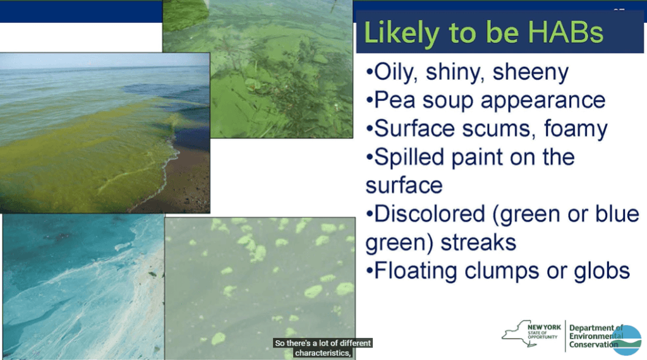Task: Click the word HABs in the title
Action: click(x=565, y=32)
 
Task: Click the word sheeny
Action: click(x=531, y=73)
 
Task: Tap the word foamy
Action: click(x=576, y=129)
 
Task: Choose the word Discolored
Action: click(x=429, y=214)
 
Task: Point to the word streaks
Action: click(x=478, y=243)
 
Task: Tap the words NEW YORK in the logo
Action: click(x=544, y=327)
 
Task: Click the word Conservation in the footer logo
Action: click(x=594, y=345)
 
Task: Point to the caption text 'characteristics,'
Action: click(x=323, y=353)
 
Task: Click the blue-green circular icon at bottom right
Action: click(x=626, y=340)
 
